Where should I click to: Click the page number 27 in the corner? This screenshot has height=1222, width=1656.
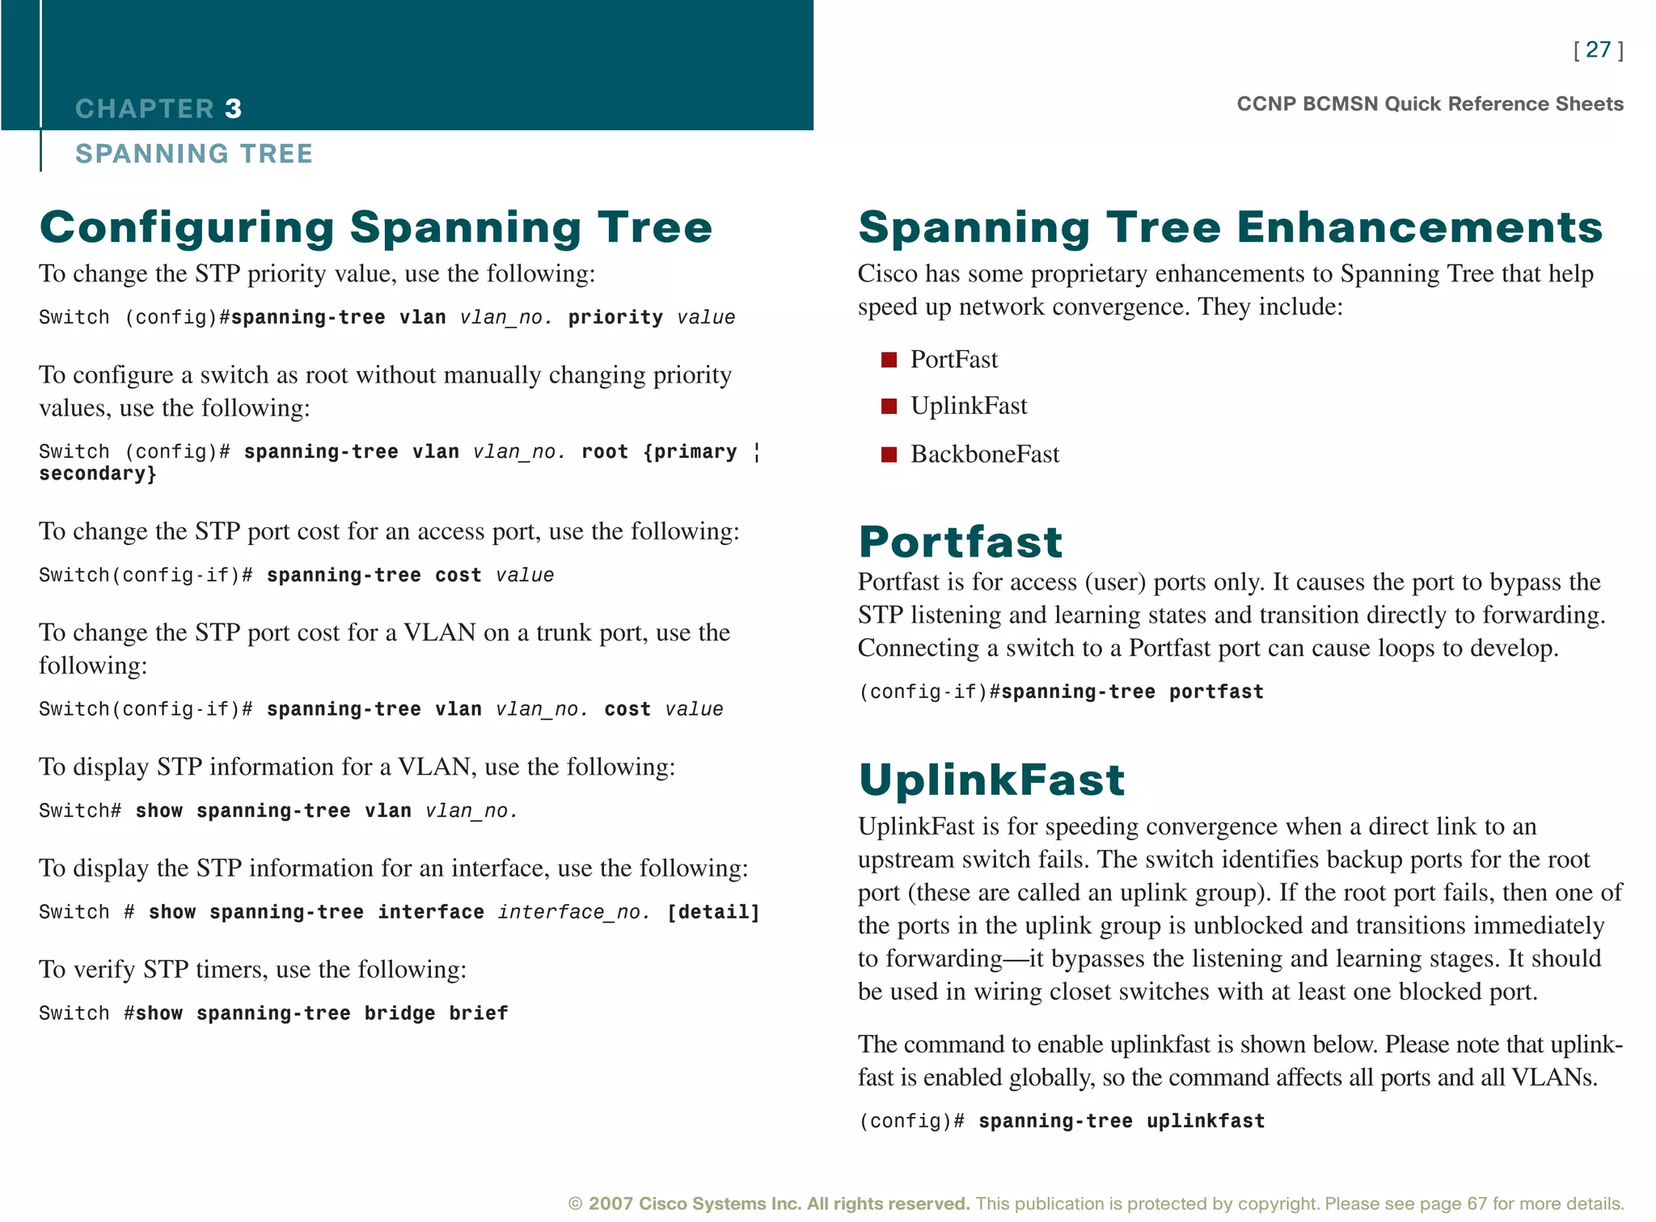(1598, 50)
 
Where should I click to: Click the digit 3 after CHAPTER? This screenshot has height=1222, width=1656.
(233, 108)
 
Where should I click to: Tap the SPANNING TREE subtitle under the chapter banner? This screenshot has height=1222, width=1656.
(194, 154)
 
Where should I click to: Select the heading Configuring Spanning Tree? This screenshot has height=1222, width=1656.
(376, 227)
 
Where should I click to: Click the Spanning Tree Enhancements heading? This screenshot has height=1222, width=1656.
(1230, 227)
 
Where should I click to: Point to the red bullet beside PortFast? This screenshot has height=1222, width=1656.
(889, 360)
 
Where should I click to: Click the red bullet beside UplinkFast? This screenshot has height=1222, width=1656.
(889, 406)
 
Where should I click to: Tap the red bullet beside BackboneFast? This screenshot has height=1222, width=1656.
(889, 455)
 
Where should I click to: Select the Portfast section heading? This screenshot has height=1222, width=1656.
(961, 542)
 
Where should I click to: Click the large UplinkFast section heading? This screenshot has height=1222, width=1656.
(991, 780)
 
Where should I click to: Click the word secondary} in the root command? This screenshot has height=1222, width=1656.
(98, 474)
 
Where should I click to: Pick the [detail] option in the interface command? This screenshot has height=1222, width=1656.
(713, 912)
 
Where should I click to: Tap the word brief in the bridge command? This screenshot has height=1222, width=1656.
(479, 1013)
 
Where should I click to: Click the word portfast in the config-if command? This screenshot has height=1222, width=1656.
(1216, 692)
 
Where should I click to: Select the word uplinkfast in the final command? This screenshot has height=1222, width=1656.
(1206, 1122)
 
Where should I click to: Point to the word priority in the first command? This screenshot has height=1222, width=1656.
(615, 318)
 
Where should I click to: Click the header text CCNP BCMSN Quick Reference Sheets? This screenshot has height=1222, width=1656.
(1430, 104)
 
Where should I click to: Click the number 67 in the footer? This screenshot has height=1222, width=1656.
(1476, 1203)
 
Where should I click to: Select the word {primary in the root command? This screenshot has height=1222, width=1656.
(690, 452)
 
